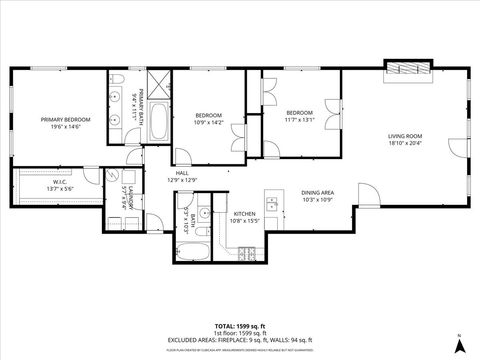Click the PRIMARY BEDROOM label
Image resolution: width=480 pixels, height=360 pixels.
(x=66, y=120)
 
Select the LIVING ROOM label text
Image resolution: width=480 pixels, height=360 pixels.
(x=405, y=135)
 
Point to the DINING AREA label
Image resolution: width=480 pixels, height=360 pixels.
(x=317, y=192)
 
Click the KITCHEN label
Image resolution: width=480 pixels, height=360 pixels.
(x=245, y=214)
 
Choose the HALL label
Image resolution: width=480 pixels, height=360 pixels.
(x=183, y=173)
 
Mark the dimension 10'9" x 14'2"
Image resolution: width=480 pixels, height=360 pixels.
(x=210, y=124)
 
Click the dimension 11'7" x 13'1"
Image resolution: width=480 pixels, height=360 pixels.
(x=300, y=120)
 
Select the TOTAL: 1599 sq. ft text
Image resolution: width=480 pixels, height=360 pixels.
(x=239, y=327)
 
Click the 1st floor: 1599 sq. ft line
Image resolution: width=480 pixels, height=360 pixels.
(x=239, y=334)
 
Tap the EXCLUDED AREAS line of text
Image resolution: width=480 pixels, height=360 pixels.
(x=239, y=341)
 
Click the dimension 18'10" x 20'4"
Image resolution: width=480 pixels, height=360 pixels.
(x=405, y=142)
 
